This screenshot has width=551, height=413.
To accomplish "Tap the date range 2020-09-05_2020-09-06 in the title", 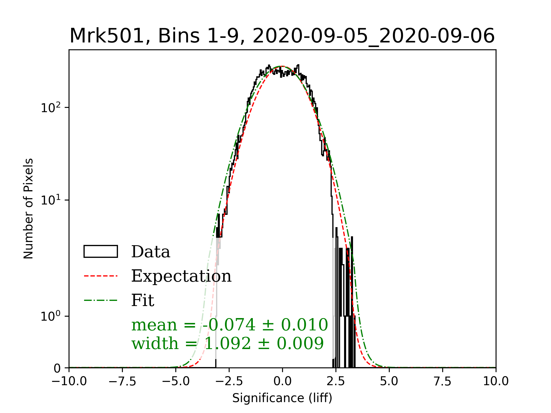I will point(373,36).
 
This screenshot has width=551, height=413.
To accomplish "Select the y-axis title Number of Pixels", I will point(28,209).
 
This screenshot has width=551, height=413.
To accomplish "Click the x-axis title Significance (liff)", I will point(282,398).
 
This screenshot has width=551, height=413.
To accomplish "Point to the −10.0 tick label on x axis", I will point(69,381).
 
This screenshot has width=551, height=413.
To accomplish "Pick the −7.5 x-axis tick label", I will point(123,381).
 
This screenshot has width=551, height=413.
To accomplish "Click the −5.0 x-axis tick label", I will point(176,381).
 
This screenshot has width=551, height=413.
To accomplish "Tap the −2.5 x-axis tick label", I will point(229,381).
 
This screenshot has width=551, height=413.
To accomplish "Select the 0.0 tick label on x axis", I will point(282,381).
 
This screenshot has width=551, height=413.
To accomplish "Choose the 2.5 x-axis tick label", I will point(336,381).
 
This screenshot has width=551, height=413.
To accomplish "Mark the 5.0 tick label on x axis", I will point(389,381).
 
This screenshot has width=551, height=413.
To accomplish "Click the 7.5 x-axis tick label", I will point(443,381).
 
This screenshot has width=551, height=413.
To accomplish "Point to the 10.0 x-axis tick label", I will point(496,381).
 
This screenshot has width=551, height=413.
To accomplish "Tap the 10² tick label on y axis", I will point(51,108).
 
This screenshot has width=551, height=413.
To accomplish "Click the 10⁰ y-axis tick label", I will point(51,316).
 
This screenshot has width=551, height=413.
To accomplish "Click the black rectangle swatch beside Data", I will point(100,252).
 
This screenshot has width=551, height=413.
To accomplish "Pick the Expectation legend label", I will point(181,276).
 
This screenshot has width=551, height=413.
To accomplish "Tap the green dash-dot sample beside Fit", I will point(100,300).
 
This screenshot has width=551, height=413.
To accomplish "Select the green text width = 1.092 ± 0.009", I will point(228,343).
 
